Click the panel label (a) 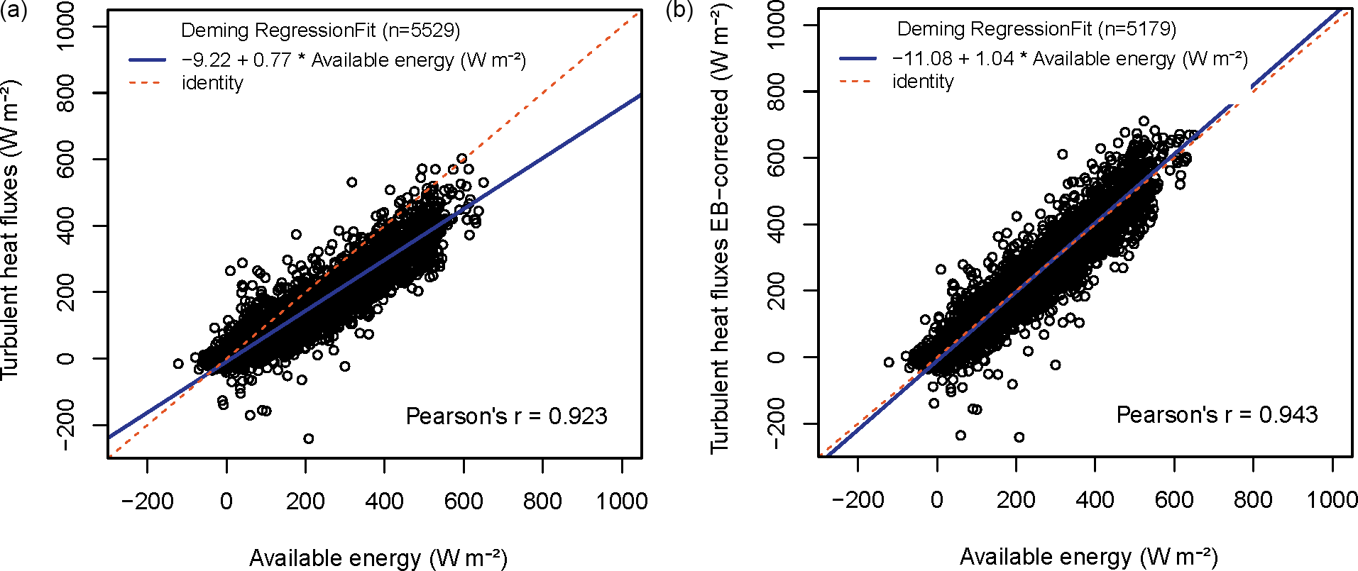(x=13, y=11)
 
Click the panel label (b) (x=679, y=11)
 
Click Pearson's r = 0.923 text (x=506, y=416)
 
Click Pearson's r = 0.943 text (x=1217, y=415)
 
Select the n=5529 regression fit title (x=320, y=31)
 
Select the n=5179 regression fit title (x=1036, y=29)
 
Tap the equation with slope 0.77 (x=354, y=60)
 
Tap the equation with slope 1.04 (x=1070, y=59)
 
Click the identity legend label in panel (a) (x=212, y=83)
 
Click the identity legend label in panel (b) (x=923, y=82)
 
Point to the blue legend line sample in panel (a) (x=147, y=60)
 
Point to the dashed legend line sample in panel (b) (x=857, y=82)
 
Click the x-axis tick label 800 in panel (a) (x=542, y=501)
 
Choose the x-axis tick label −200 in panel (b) (x=858, y=500)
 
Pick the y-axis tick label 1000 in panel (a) (x=66, y=26)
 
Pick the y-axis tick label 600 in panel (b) (x=777, y=157)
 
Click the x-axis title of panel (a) (x=378, y=558)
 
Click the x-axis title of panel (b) (x=1088, y=557)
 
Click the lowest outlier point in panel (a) (x=308, y=439)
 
